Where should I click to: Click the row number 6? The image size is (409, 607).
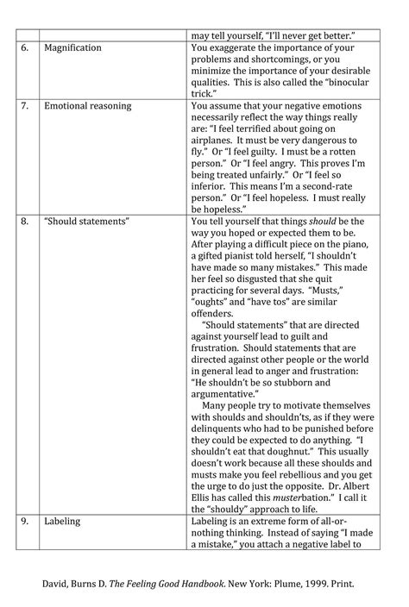pyautogui.click(x=26, y=48)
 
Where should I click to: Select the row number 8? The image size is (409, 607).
pyautogui.click(x=26, y=222)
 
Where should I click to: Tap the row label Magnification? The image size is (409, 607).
pyautogui.click(x=73, y=48)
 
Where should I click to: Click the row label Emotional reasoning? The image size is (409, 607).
pyautogui.click(x=87, y=106)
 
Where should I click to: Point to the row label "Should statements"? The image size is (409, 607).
pyautogui.click(x=86, y=222)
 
